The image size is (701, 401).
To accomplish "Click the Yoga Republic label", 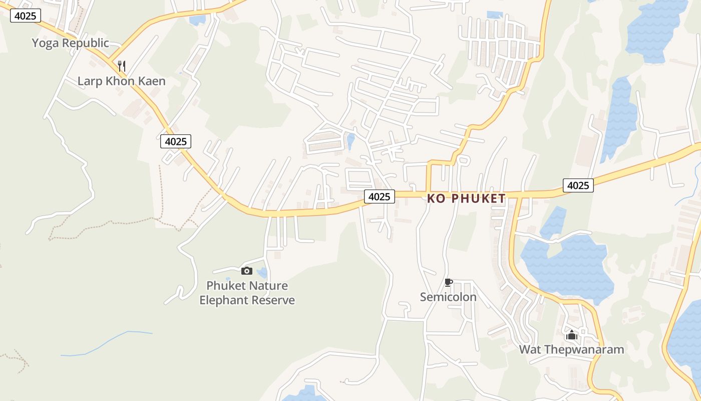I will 70,43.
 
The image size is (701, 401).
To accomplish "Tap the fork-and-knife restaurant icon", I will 121,66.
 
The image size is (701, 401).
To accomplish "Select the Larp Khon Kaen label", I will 121,81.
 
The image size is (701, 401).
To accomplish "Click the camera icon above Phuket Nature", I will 246,271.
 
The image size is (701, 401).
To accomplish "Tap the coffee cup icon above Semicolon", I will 448,283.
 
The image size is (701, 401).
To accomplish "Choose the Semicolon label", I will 448,297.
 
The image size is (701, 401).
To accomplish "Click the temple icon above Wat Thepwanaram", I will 571,335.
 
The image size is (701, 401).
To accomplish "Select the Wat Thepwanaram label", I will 571,349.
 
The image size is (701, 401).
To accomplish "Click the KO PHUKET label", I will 466,198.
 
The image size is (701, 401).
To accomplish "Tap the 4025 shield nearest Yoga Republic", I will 25,16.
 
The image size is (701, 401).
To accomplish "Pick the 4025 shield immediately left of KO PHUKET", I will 379,196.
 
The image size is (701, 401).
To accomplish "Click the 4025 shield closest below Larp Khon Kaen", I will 176,141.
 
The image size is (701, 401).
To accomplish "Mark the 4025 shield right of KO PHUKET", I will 578,185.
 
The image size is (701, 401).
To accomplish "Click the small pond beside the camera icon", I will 262,273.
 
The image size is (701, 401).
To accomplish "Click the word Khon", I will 119,81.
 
